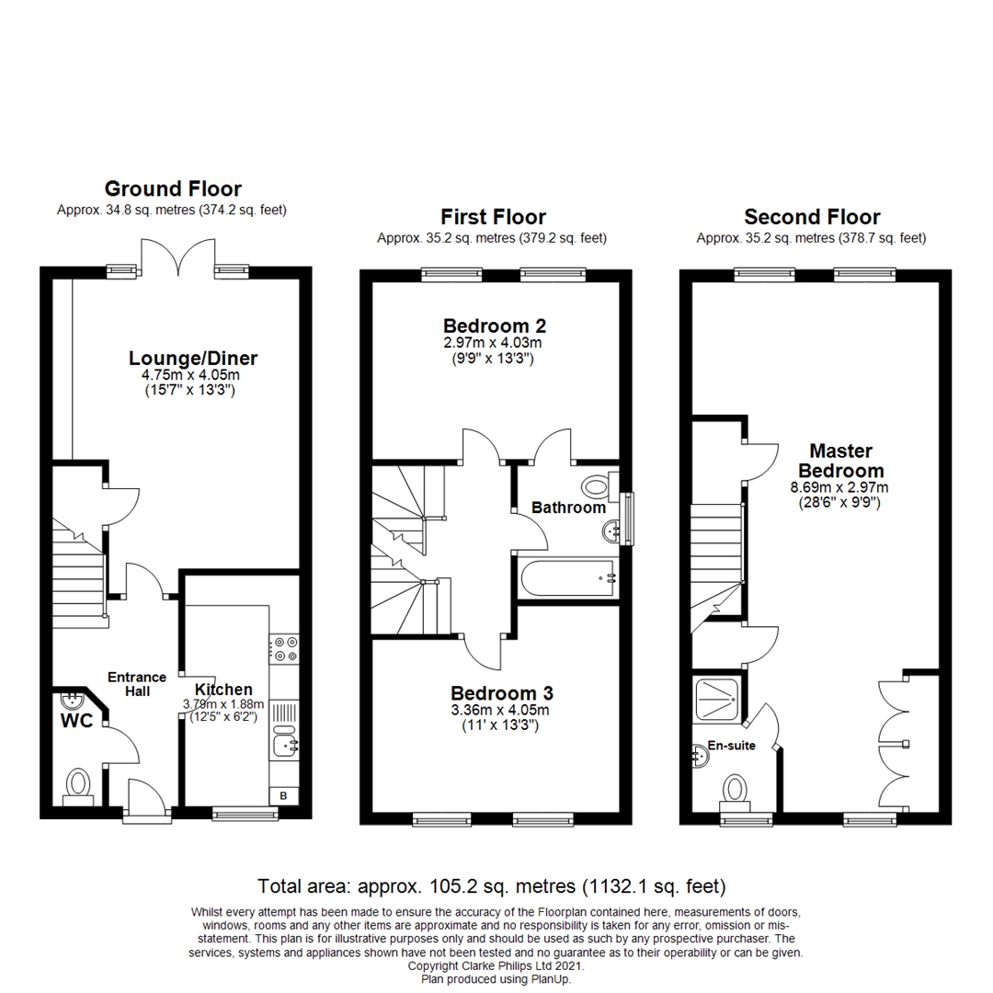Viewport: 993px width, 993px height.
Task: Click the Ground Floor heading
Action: [x=173, y=189]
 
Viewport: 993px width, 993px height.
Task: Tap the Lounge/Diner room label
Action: [x=193, y=359]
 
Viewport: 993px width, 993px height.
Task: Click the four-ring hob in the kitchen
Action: [x=283, y=649]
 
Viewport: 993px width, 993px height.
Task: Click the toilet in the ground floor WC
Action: [x=78, y=784]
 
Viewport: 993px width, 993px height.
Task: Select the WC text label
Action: [x=76, y=722]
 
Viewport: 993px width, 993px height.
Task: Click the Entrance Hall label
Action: [x=136, y=683]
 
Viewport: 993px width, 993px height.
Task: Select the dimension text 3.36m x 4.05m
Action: [x=501, y=710]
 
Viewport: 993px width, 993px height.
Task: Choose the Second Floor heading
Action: [x=812, y=218]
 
